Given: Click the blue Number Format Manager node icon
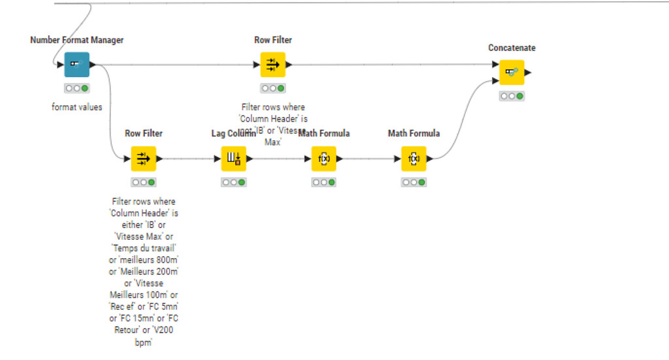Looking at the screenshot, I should point(76,65).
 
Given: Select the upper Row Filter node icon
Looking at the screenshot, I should point(272,65).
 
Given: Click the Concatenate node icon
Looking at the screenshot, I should point(512,73).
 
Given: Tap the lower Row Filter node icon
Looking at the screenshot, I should point(143,159).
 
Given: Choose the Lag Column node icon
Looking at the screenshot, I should point(233,159).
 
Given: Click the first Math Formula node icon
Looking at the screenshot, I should point(323,159).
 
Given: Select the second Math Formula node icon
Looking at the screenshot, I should point(414,159).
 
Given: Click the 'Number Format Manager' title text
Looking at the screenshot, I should point(76,40).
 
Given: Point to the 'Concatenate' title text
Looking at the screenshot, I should point(512,48).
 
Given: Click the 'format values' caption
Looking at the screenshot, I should point(76,106).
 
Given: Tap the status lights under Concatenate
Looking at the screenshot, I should point(512,96).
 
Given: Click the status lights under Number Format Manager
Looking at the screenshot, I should point(76,88).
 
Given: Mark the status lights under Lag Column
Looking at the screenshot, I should point(233,182).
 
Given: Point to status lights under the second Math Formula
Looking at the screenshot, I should point(414,182).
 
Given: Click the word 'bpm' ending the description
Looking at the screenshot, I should point(143,342).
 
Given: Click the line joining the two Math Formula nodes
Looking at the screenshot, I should point(369,159).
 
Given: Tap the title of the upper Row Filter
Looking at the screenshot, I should point(272,40).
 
